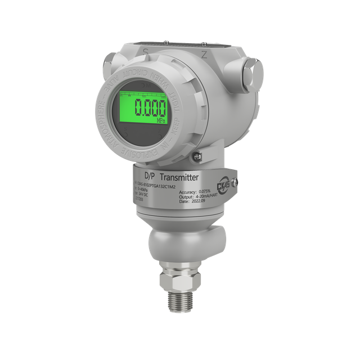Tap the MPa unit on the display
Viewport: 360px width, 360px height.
[x=159, y=120]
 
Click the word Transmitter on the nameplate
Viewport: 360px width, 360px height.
[x=179, y=178]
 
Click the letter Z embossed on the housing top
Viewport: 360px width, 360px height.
[x=204, y=55]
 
